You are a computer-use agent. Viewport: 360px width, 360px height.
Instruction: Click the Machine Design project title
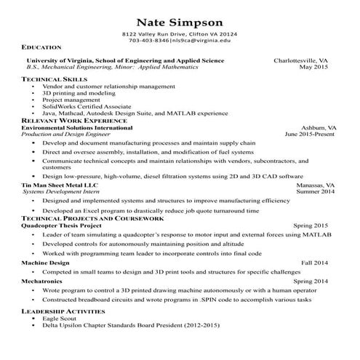click(x=45, y=262)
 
